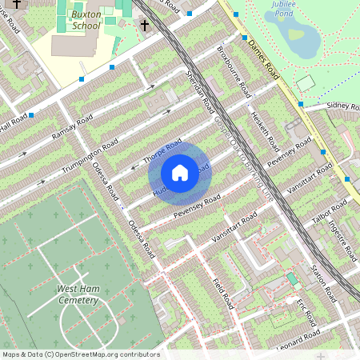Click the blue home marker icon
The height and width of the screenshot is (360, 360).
(180, 172)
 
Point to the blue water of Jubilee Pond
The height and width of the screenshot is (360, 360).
(296, 34)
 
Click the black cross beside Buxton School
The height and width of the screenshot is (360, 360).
(145, 26)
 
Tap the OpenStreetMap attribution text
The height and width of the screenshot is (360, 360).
(80, 354)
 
